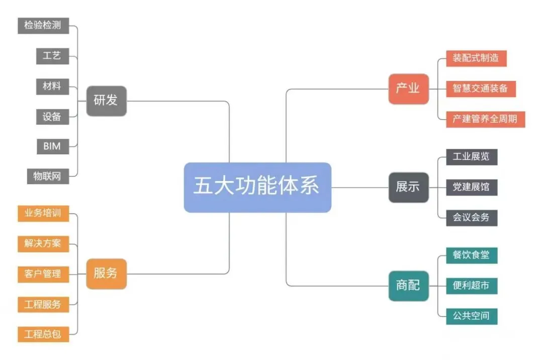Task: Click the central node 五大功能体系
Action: (x=257, y=187)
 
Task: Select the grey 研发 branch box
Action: (x=106, y=101)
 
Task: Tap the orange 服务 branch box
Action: (x=106, y=274)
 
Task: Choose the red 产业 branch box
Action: (x=408, y=89)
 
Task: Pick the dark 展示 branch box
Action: (x=408, y=187)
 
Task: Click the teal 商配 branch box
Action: (x=408, y=286)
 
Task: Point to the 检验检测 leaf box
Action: (x=43, y=25)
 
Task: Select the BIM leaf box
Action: (x=52, y=146)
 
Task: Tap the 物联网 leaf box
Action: (x=48, y=176)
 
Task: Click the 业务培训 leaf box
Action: (x=43, y=213)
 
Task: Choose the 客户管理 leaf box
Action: (x=43, y=274)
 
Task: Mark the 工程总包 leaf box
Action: (x=43, y=334)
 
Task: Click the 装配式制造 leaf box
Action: (x=476, y=58)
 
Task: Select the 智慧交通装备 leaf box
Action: (x=481, y=89)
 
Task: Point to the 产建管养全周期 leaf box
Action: (x=485, y=120)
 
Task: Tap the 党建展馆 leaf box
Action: (x=471, y=188)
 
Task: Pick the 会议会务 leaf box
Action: (x=471, y=218)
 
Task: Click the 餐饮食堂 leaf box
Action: (x=471, y=255)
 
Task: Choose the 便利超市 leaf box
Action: (x=471, y=286)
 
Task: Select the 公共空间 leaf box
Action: (x=471, y=316)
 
